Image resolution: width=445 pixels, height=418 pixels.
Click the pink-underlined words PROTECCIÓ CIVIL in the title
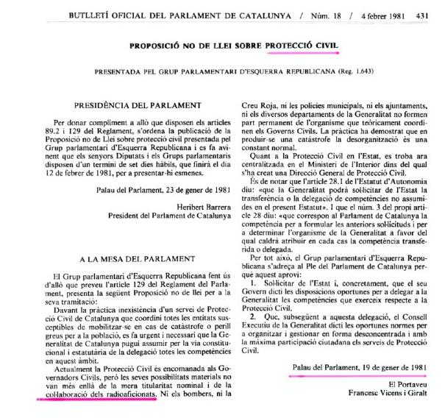click(303, 46)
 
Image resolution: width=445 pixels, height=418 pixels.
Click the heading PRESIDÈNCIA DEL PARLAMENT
click(129, 107)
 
